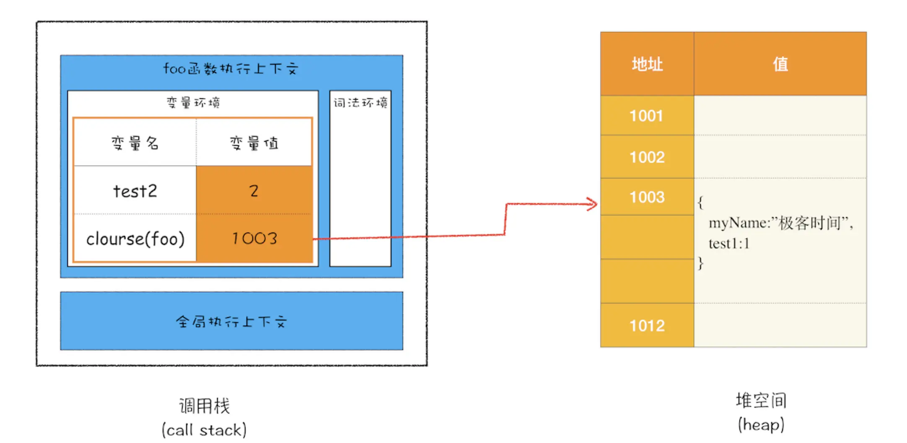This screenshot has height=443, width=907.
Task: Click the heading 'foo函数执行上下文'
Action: click(231, 69)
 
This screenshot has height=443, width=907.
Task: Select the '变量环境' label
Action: click(193, 102)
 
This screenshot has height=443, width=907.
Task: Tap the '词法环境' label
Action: click(360, 102)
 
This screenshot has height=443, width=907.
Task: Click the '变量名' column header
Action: click(135, 143)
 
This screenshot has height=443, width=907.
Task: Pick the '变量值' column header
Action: click(254, 143)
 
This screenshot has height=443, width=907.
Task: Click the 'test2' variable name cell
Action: click(135, 191)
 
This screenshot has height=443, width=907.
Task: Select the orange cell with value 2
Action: click(254, 191)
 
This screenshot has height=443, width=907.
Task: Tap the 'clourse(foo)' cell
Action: click(135, 239)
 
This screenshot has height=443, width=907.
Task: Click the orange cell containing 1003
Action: click(254, 239)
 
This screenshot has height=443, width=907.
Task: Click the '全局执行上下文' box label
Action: click(231, 321)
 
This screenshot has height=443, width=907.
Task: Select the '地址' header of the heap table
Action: click(647, 64)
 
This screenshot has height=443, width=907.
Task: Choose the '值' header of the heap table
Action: click(780, 64)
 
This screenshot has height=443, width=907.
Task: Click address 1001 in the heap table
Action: click(646, 116)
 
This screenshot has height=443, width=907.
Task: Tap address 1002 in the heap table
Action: click(647, 157)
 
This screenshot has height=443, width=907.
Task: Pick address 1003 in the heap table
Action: click(647, 197)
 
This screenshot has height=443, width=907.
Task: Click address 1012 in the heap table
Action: click(647, 326)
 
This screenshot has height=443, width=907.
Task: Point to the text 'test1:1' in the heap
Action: click(729, 243)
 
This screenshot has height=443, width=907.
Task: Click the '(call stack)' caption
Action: click(204, 430)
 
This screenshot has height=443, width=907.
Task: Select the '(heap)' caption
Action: click(761, 425)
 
